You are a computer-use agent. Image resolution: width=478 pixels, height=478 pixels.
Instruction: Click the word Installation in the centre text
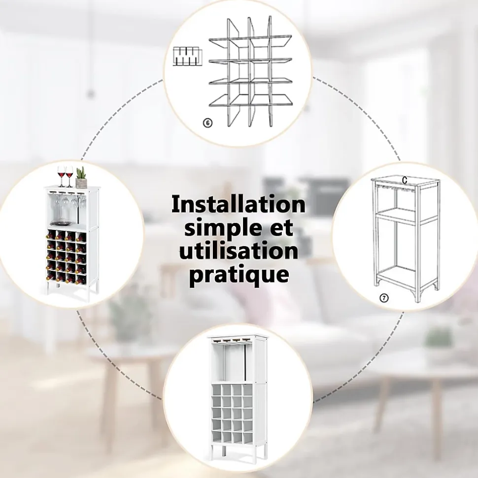tap(239, 205)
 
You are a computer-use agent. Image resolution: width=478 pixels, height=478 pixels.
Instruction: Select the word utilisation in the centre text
tap(239, 252)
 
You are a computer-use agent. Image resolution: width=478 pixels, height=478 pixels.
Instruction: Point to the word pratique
tap(239, 276)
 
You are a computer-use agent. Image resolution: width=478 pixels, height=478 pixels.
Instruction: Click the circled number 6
tap(207, 123)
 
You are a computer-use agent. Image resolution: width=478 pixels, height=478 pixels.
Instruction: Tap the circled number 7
tap(384, 298)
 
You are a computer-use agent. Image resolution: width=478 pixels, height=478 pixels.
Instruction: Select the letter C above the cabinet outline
tap(405, 181)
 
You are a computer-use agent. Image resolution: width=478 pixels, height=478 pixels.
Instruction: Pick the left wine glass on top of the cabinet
tap(61, 176)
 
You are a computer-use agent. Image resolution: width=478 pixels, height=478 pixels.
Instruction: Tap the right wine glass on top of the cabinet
tap(69, 176)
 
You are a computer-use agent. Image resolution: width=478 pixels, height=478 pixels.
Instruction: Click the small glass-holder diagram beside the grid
tap(187, 57)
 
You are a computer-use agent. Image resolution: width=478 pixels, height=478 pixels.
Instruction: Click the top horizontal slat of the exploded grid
tap(250, 40)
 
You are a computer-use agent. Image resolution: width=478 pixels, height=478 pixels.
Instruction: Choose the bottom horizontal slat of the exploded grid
tap(251, 101)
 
